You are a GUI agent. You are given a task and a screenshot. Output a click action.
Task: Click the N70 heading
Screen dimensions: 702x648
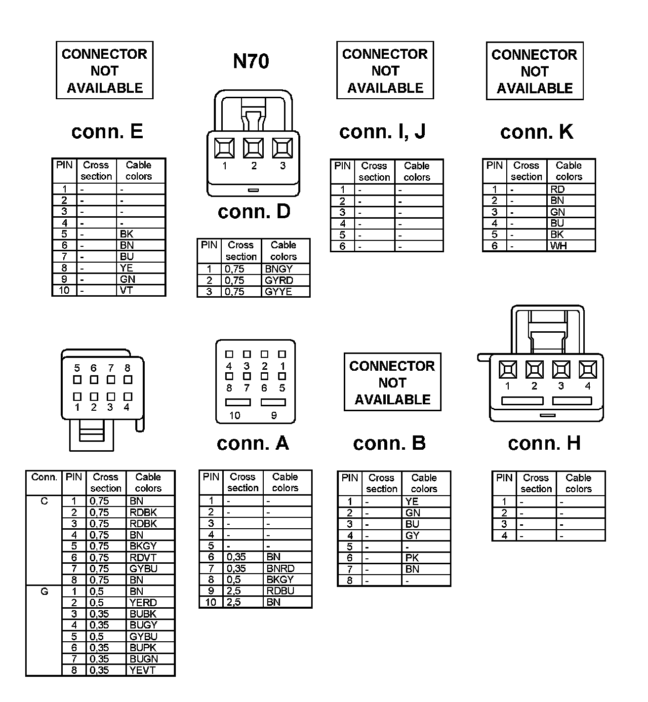coord(251,61)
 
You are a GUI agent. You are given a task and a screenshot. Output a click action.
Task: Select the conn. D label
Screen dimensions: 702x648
coord(254,211)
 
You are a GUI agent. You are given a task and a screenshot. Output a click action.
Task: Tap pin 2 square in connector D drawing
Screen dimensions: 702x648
coord(253,148)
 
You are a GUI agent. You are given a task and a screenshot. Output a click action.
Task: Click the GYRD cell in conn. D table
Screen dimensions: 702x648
coord(279,280)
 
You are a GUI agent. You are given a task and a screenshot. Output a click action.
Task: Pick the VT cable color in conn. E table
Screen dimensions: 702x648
coord(126,290)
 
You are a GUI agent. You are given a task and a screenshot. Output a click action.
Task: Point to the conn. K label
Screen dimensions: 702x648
coord(537,132)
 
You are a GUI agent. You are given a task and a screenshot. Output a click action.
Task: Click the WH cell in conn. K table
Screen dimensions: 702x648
coord(558,246)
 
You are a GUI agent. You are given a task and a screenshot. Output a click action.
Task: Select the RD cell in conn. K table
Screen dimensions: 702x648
coord(557,190)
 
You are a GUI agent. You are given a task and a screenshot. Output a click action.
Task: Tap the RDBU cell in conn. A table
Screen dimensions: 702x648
coord(280,591)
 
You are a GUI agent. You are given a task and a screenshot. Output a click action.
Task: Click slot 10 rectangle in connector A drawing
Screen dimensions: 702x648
coord(238,402)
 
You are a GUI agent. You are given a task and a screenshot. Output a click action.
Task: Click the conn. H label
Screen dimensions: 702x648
coord(544,443)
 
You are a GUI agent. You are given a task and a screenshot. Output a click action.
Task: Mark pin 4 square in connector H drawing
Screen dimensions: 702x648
coord(588,370)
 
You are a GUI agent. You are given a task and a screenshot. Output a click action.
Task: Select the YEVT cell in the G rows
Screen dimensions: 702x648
coord(142,670)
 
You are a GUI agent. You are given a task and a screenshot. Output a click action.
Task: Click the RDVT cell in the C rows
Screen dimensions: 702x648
coord(143,557)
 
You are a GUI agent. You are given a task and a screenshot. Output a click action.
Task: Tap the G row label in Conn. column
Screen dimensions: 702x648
coord(44,591)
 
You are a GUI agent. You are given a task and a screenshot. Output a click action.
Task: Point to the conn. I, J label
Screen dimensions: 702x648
coord(382,131)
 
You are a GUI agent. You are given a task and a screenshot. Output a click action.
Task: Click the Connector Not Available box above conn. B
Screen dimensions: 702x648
coord(392,382)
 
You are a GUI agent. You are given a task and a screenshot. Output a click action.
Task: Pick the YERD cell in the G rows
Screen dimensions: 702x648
coord(143,603)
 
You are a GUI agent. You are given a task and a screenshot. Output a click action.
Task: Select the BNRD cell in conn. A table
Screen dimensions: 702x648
coord(280,569)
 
